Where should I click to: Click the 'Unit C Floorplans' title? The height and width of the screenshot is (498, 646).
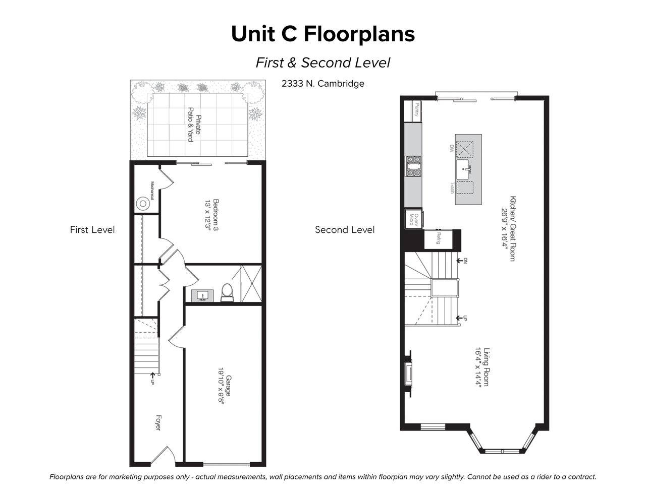pos(323,34)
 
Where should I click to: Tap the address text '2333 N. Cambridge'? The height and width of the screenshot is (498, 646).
pos(323,84)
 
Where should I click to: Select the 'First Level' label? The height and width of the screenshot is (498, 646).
pos(92,230)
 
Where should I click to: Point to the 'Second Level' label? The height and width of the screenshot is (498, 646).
pos(345,230)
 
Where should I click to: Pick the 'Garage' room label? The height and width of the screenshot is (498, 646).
pos(229,386)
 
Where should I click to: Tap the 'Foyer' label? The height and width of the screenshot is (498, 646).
pos(158,423)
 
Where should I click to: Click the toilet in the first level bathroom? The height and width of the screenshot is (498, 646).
pos(227,293)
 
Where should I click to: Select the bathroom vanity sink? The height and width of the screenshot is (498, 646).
pos(202,296)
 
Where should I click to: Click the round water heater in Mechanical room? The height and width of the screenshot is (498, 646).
pos(143,204)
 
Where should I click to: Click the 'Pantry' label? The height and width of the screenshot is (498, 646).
pos(417,109)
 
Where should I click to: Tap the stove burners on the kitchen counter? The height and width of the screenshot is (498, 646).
pos(413,166)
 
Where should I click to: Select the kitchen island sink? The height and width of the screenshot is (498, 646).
pos(463,169)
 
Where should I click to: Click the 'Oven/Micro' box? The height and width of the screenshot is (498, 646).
pos(414,219)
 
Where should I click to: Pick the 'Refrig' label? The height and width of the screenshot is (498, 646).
pos(438,238)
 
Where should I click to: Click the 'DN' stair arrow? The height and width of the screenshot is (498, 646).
pos(461,261)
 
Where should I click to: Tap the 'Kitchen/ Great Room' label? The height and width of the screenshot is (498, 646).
pos(509,228)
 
